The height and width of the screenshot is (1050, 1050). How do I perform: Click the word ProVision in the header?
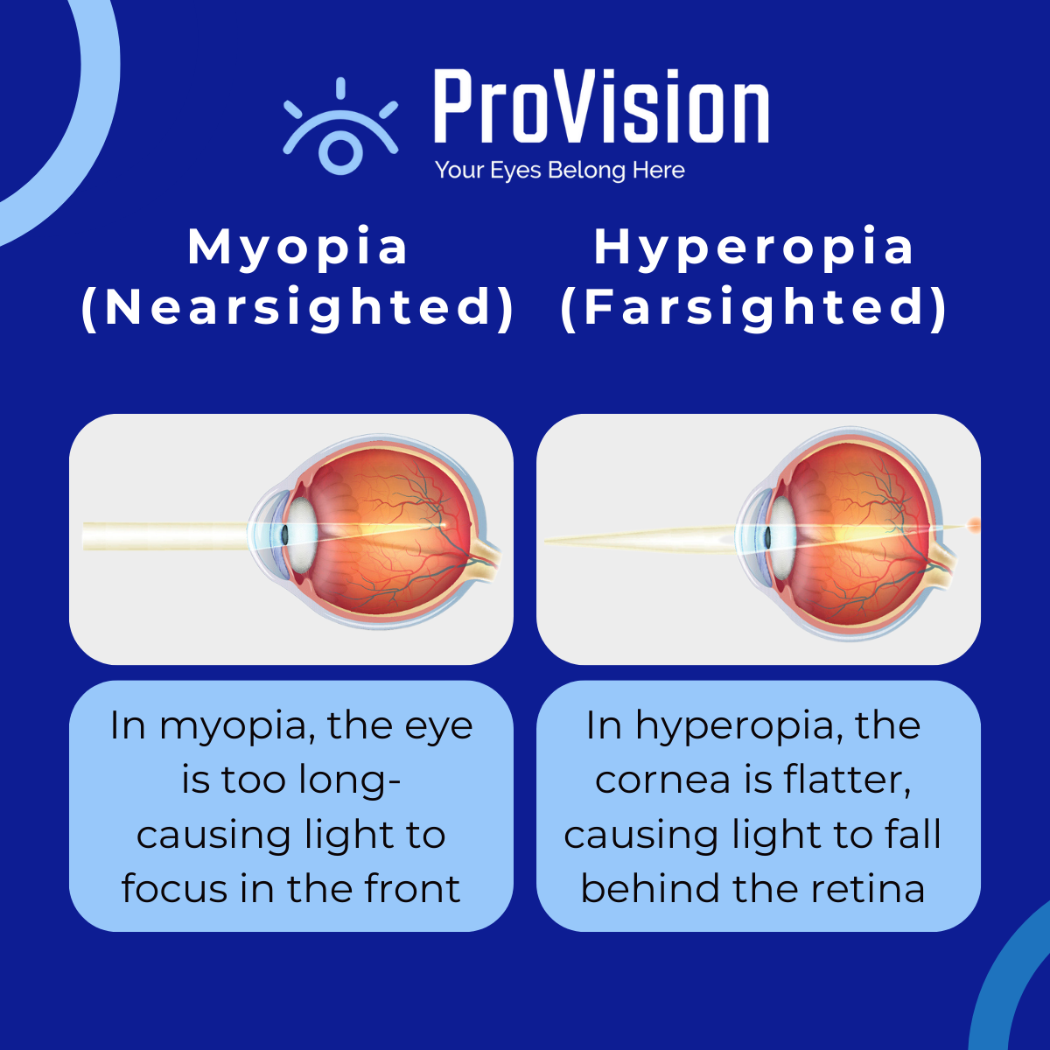(601, 108)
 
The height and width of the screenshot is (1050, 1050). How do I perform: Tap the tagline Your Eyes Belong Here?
(560, 170)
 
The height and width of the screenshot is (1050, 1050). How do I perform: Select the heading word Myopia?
(297, 248)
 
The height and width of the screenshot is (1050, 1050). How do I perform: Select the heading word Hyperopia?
(754, 248)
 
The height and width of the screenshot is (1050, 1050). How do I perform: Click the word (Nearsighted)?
(297, 307)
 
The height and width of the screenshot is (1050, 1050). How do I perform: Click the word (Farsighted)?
(754, 307)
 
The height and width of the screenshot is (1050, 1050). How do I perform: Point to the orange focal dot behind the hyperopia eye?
(972, 526)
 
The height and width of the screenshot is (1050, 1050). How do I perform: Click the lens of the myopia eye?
(302, 530)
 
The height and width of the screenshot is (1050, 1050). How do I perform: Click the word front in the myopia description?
(412, 889)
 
